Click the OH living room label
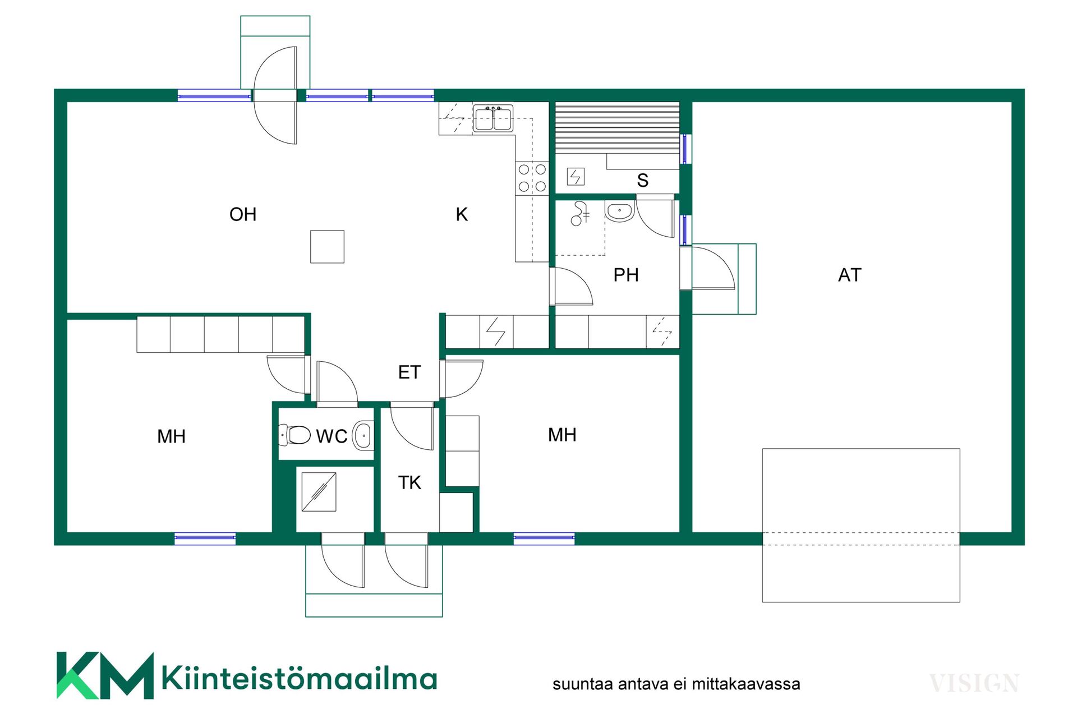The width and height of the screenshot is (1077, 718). (x=243, y=214)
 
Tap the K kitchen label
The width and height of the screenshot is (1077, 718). (x=462, y=214)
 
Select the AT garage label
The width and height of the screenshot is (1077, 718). (x=849, y=275)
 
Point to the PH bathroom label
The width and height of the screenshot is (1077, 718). (x=626, y=275)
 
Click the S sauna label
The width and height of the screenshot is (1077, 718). (x=643, y=181)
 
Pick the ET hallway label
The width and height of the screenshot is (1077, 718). (x=409, y=372)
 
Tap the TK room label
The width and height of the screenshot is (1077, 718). (x=409, y=482)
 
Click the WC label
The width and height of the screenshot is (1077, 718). (x=332, y=436)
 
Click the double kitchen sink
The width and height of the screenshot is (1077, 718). (x=493, y=118)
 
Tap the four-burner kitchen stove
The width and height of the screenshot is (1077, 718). (x=532, y=178)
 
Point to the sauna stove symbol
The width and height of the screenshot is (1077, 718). (x=576, y=177)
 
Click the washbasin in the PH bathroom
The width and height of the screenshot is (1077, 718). (x=619, y=211)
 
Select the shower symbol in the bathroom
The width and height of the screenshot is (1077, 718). (x=579, y=214)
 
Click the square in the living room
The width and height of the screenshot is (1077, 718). (x=327, y=247)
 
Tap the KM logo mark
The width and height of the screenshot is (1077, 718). (x=105, y=675)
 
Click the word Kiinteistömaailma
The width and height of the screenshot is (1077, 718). (x=299, y=678)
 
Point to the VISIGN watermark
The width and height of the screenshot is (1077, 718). (x=974, y=683)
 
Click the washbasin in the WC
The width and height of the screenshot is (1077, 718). (x=363, y=436)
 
